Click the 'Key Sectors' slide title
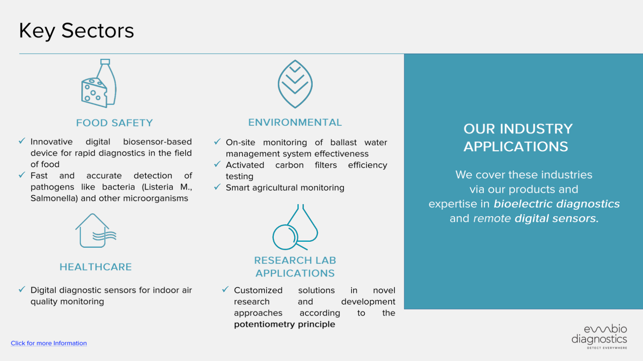point(76,31)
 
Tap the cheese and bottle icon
point(99,83)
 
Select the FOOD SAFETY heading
point(114,123)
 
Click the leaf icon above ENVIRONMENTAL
point(295,84)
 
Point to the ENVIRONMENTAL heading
point(295,122)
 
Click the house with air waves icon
point(95,231)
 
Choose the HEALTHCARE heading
point(95,267)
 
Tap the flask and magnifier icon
point(295,227)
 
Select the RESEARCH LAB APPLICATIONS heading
point(295,267)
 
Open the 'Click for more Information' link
point(49,343)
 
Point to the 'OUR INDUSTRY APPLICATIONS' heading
point(518,138)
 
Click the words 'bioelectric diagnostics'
point(556,204)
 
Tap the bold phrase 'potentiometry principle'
point(285,324)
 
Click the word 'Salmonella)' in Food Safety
point(54,198)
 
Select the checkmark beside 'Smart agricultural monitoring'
point(217,187)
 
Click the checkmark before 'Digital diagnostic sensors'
point(22,289)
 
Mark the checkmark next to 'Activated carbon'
point(217,164)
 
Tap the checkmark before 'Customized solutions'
point(225,289)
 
